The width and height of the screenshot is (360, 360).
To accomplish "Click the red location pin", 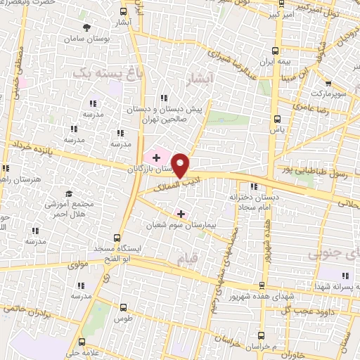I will click(181, 165).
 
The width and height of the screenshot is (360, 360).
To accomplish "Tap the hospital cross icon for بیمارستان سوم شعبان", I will click(181, 213).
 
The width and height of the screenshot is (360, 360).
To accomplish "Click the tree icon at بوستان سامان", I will click(86, 27).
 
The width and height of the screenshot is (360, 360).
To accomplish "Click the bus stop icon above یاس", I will click(276, 118).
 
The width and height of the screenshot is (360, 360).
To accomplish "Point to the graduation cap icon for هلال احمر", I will click(68, 193).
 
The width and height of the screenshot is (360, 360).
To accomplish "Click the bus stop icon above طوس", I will click(124, 307).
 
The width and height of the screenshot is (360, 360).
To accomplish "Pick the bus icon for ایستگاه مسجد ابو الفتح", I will click(116, 238).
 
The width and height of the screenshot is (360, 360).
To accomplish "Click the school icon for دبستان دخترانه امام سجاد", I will click(253, 186).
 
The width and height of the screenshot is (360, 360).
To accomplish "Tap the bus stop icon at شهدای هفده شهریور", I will click(262, 285).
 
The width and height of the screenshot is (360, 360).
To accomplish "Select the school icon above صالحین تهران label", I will click(164, 98).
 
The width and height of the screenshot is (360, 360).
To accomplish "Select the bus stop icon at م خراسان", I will click(262, 336).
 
